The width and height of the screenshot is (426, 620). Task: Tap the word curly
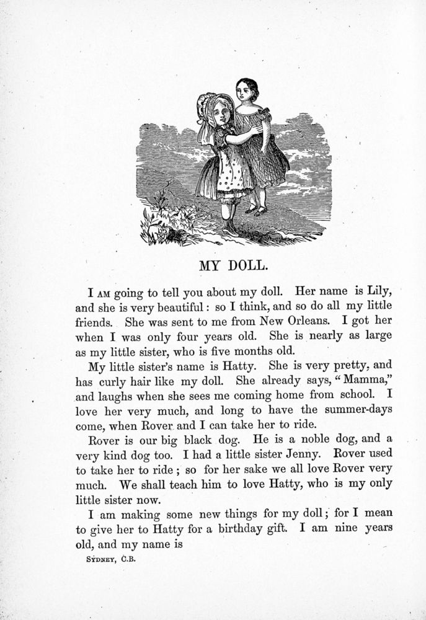(115, 380)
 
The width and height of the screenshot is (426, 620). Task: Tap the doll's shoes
(255, 211)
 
